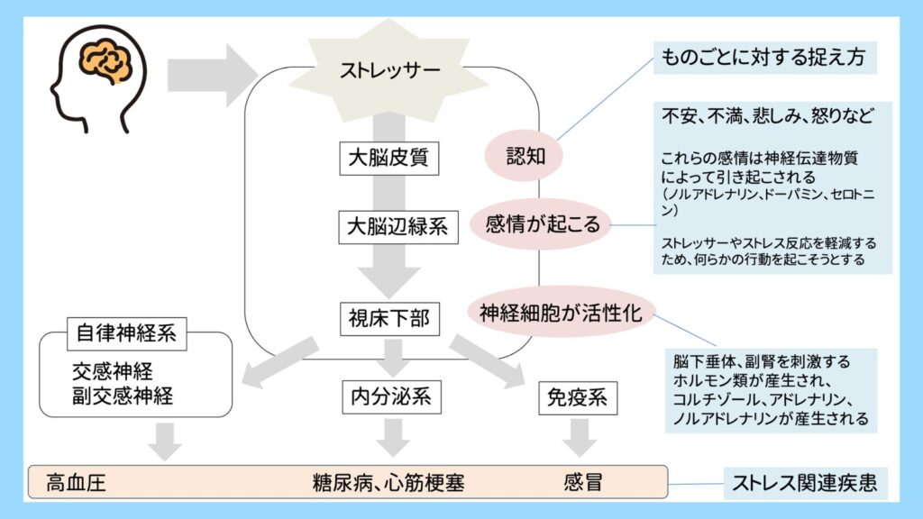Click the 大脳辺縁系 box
pyautogui.click(x=398, y=226)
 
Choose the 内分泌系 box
pyautogui.click(x=389, y=396)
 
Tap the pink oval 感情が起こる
pyautogui.click(x=543, y=223)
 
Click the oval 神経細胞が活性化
pyautogui.click(x=560, y=313)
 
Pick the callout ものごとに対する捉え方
pyautogui.click(x=763, y=59)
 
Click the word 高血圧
pyautogui.click(x=76, y=483)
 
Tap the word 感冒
pyautogui.click(x=582, y=483)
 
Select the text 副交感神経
pyautogui.click(x=123, y=395)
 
